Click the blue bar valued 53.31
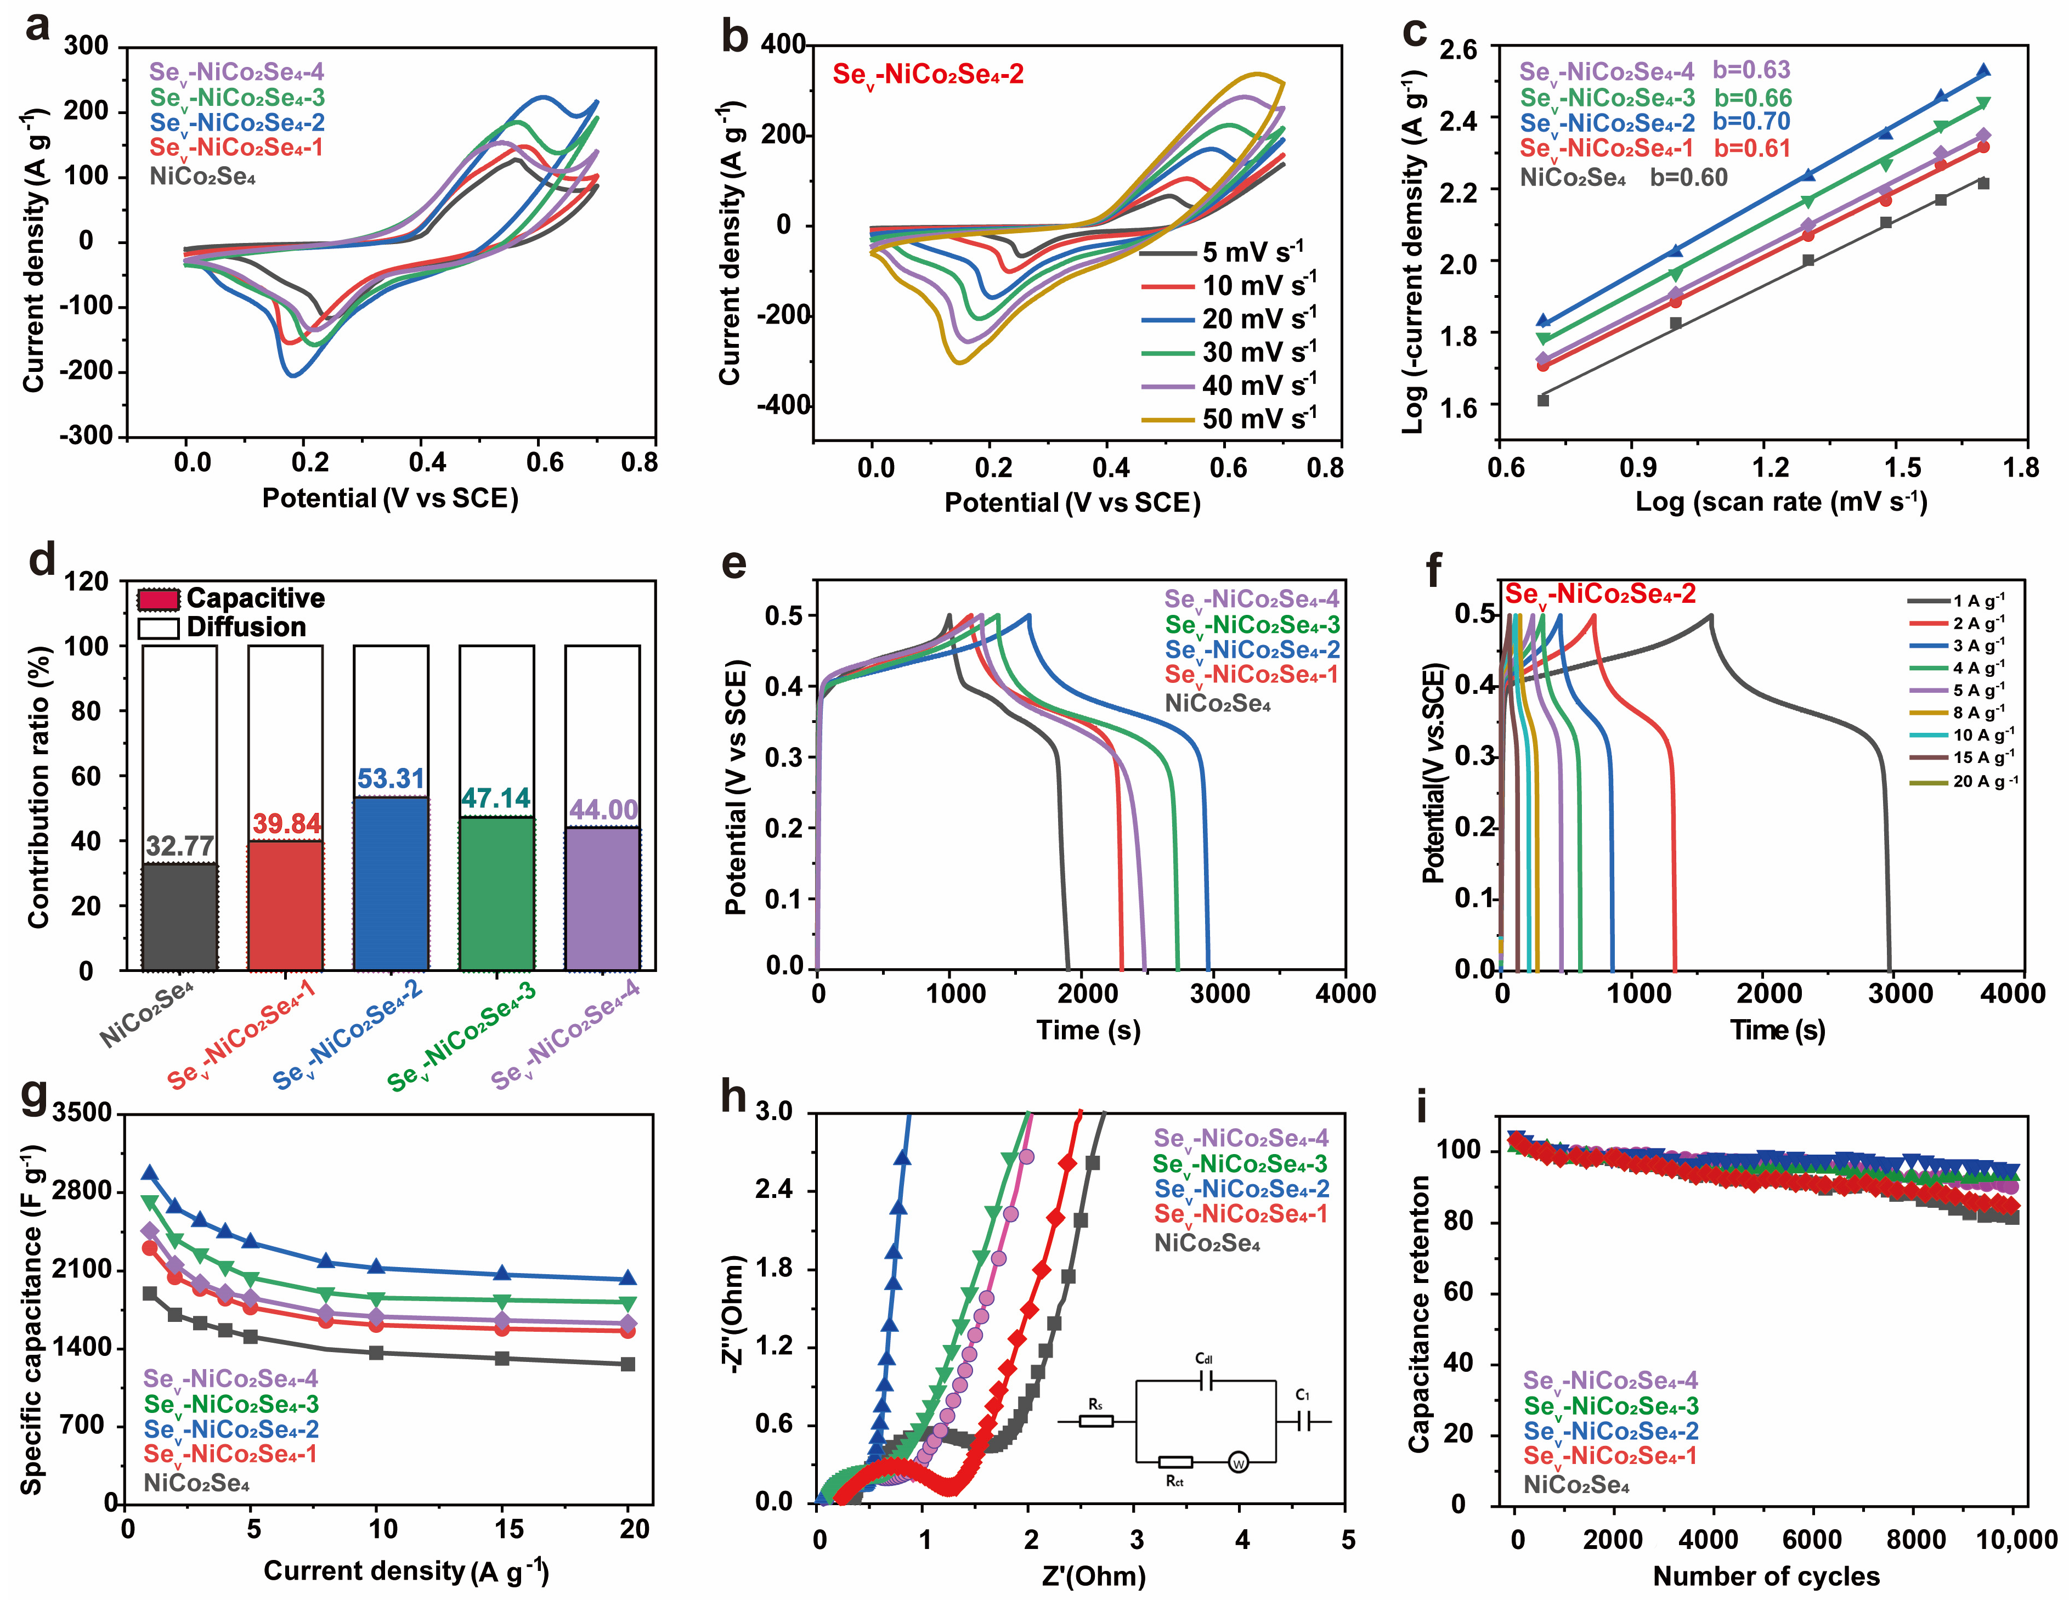tap(391, 883)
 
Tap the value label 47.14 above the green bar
tap(495, 799)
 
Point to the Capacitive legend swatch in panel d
tap(157, 600)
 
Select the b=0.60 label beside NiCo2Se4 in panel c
tap(1688, 177)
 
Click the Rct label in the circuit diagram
tap(1175, 1480)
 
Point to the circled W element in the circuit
tap(1238, 1463)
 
